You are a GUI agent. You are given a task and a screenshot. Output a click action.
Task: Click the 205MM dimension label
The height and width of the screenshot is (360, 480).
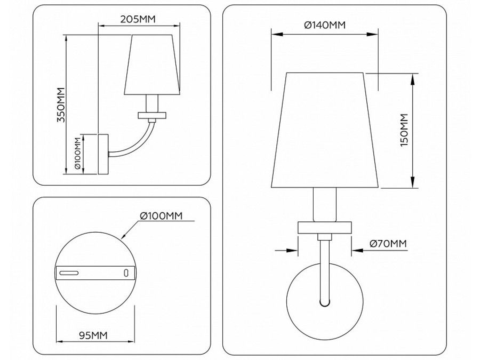(138, 19)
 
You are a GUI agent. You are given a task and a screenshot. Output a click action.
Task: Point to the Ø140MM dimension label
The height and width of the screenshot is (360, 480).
(324, 25)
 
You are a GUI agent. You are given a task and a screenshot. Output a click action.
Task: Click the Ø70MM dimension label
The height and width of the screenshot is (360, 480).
(388, 243)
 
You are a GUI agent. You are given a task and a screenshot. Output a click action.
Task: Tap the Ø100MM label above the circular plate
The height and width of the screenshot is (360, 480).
(161, 215)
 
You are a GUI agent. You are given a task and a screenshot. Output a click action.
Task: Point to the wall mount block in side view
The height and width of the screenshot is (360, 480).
(103, 154)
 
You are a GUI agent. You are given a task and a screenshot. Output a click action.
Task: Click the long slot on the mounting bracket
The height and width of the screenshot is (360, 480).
(69, 273)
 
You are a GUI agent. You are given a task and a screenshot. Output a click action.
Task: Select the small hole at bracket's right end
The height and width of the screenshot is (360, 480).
(126, 273)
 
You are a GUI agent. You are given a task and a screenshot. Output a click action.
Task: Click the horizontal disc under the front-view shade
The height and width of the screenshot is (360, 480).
(325, 227)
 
